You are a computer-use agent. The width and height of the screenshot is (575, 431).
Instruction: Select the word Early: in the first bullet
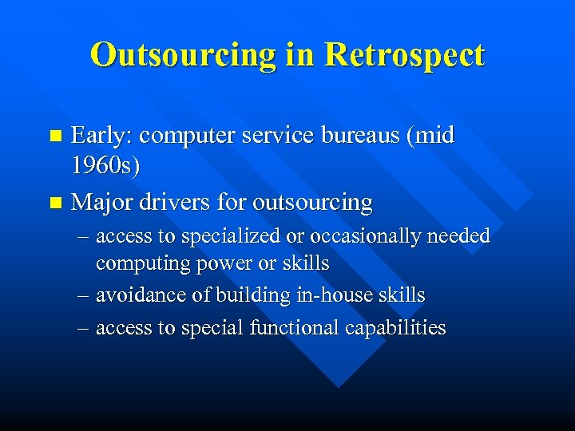point(101,136)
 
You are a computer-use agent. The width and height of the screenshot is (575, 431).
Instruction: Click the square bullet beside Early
point(54,136)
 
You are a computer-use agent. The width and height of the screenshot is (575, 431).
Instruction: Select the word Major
point(101,203)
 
